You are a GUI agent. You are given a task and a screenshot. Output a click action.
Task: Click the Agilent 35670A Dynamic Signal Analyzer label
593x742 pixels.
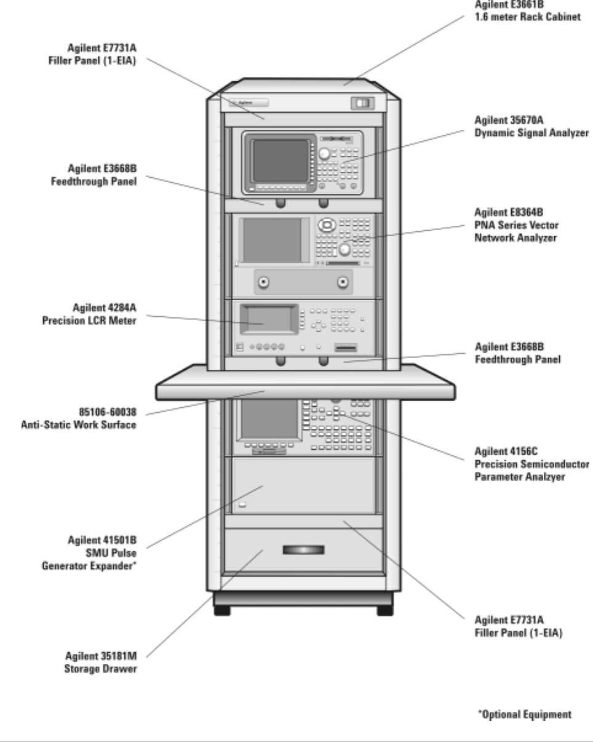click(531, 126)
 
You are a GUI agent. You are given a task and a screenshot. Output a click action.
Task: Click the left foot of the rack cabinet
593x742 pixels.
click(223, 611)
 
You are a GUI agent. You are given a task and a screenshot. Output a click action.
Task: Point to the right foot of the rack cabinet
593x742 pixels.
click(384, 611)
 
